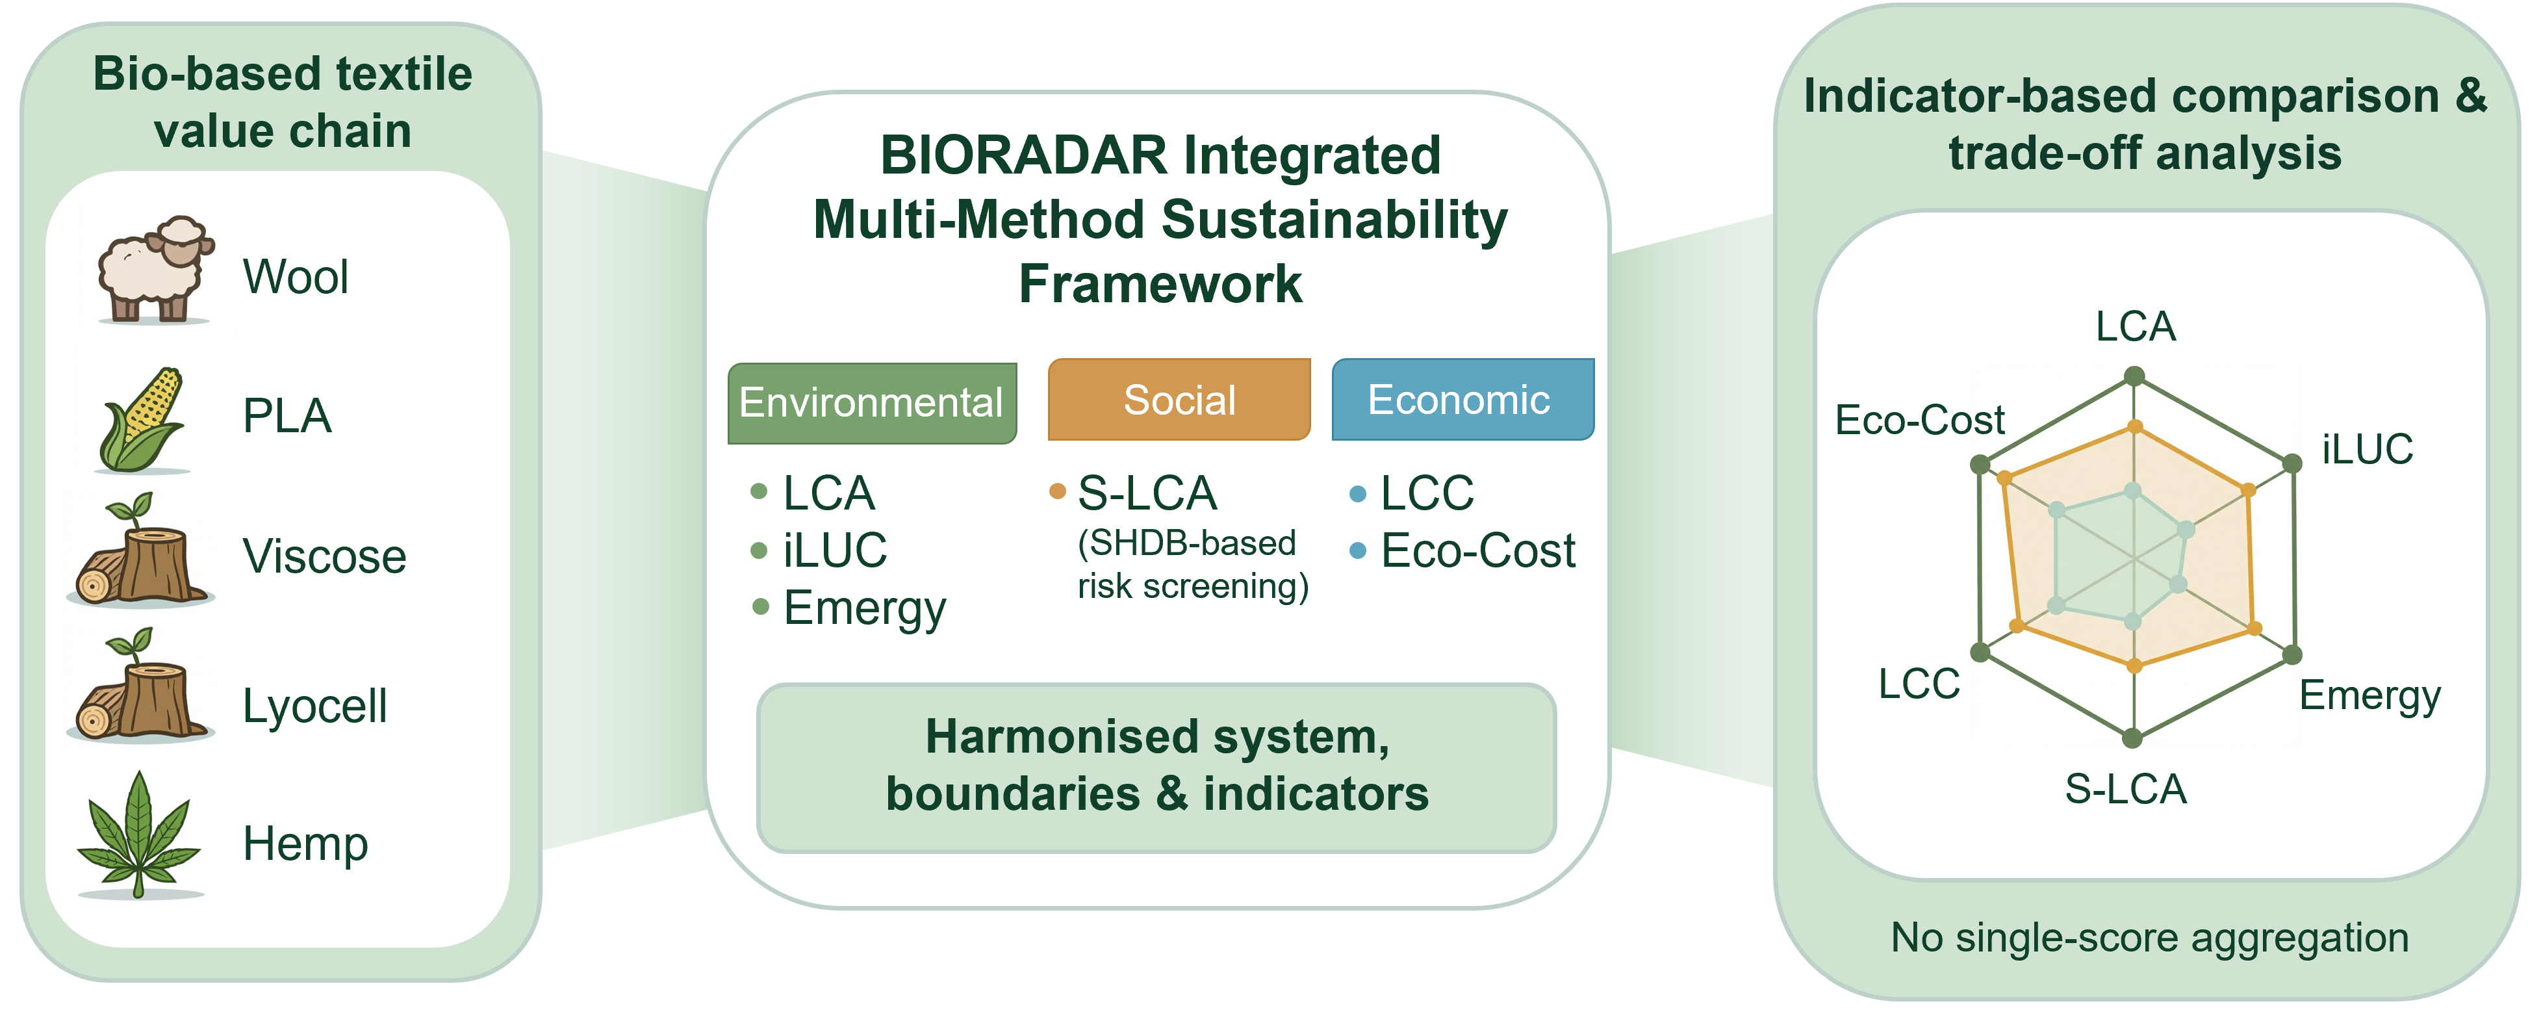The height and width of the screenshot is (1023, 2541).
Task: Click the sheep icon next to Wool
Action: point(155,269)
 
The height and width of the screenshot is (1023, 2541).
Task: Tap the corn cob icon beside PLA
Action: point(143,419)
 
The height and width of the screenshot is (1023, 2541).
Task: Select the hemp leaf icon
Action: point(139,835)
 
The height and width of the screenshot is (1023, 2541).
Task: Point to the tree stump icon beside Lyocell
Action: point(140,688)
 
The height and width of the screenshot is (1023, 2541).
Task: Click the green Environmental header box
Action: point(871,402)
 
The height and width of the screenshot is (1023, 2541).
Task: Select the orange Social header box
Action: point(1179,400)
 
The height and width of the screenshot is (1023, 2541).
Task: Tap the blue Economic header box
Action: point(1462,400)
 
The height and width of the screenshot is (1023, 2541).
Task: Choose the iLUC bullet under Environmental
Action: point(834,549)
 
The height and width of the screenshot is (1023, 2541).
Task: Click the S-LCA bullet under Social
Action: point(1146,492)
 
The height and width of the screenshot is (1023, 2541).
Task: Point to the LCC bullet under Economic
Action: point(1426,492)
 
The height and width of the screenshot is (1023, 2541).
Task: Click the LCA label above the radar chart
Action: point(2134,326)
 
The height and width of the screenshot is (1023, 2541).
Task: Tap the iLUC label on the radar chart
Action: point(2366,449)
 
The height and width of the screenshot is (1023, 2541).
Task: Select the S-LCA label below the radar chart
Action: point(2126,789)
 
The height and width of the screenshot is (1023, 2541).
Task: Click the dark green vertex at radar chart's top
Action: point(2134,376)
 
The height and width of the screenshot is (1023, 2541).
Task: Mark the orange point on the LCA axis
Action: point(2134,427)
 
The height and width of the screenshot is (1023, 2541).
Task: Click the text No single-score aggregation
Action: point(2149,937)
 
